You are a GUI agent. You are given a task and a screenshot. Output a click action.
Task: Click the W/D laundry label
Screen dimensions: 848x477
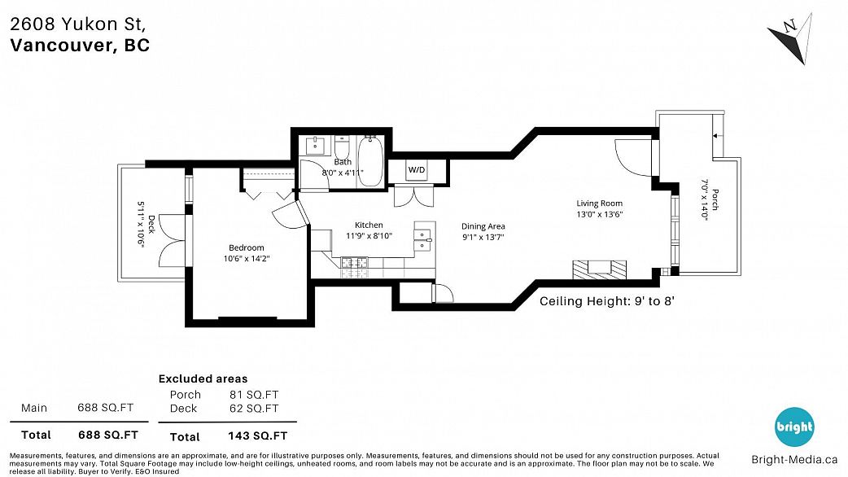[417, 170]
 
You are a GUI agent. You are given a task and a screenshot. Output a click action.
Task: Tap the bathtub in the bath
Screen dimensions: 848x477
[370, 162]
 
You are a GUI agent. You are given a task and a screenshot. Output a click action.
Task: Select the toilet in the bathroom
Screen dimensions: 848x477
[342, 147]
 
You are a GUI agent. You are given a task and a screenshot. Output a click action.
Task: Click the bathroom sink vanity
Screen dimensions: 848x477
[314, 146]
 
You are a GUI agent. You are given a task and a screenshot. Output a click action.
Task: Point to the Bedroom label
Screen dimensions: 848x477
[247, 247]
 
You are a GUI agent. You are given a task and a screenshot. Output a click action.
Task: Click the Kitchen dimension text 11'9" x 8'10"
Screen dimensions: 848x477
[369, 236]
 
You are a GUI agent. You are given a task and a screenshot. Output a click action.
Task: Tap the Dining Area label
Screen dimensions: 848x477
[483, 226]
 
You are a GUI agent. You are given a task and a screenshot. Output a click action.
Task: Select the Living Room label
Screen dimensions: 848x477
[599, 203]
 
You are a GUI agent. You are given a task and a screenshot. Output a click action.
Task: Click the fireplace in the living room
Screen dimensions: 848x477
[599, 269]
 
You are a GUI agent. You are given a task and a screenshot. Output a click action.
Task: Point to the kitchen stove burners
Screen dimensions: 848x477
[354, 263]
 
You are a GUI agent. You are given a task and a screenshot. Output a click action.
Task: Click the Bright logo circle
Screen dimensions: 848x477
[794, 427]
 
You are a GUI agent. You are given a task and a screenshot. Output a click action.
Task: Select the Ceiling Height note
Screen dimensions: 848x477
[607, 301]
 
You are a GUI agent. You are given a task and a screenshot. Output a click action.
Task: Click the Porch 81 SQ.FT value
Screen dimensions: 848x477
[254, 395]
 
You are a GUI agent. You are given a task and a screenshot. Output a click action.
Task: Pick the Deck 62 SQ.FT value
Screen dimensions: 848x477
[254, 409]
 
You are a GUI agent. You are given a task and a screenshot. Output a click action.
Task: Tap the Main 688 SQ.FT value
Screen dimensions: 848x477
[105, 407]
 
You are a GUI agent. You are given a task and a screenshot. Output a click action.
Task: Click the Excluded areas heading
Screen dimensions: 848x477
[203, 379]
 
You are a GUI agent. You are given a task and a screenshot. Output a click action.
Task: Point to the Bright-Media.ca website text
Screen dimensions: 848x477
[794, 460]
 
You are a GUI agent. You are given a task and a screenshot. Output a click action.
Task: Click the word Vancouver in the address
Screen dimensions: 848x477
[61, 46]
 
